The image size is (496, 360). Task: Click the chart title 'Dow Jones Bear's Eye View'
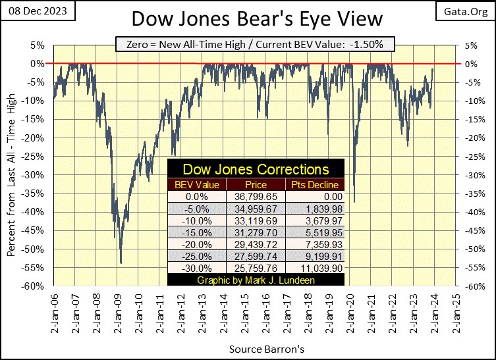248,18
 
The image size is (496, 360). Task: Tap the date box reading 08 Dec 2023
38,11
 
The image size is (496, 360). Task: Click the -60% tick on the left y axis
35,286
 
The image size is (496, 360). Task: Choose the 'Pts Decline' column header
314,185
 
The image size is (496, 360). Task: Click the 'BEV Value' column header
196,185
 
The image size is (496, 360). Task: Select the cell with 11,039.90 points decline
314,268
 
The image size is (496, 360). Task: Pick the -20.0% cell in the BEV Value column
196,244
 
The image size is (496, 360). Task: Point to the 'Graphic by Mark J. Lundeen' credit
256,279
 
